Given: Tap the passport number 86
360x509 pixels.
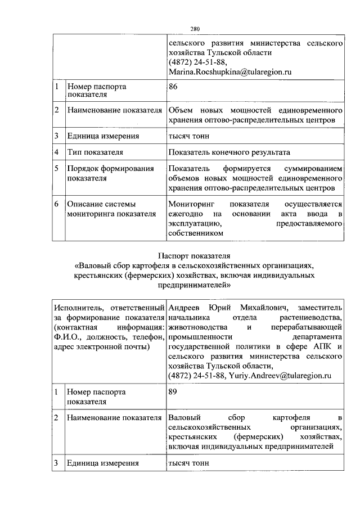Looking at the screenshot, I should click(173, 87).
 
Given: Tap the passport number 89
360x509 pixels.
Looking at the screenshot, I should click(173, 392).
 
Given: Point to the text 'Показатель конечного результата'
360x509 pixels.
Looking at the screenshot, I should click(229, 152).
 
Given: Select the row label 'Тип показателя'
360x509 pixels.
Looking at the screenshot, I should click(95, 152).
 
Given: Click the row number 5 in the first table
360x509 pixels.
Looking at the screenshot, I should click(57, 169).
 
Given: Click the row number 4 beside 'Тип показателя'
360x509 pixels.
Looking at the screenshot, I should click(57, 152).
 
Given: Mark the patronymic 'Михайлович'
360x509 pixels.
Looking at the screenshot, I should click(264, 308).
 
